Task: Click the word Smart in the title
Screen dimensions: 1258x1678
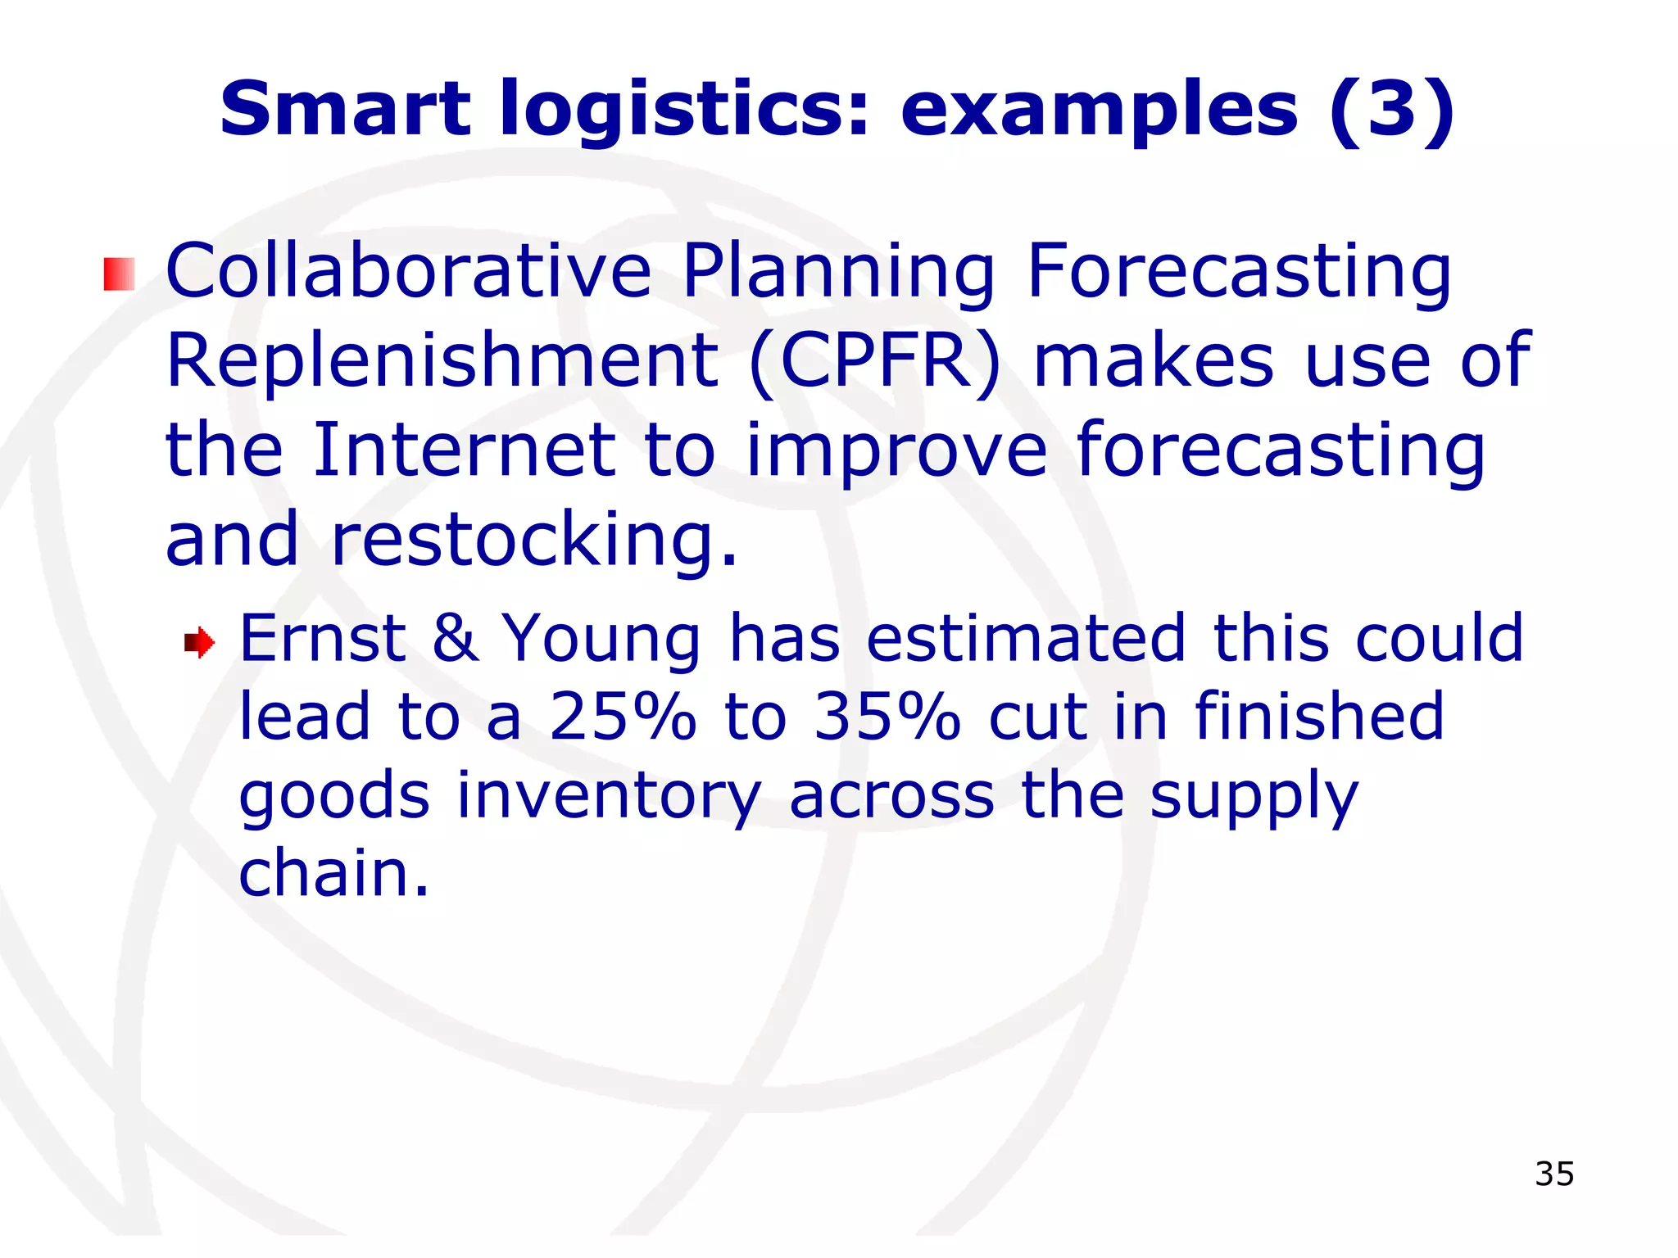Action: pos(345,109)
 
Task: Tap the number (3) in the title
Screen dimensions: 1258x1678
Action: pos(1392,109)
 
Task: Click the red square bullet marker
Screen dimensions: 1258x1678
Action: pos(119,274)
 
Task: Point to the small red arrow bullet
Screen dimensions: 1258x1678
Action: pos(199,643)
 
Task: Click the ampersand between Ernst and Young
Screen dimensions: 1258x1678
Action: pos(456,637)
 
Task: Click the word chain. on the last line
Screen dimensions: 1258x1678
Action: pos(333,873)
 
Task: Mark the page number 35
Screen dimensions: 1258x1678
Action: pos(1554,1174)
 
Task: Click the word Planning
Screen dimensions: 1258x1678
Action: pos(838,273)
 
